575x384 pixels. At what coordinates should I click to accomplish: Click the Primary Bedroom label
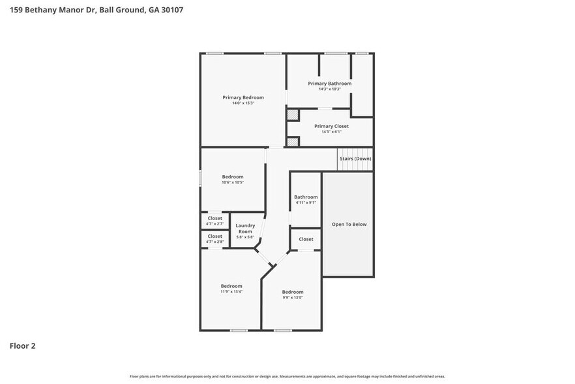pos(243,97)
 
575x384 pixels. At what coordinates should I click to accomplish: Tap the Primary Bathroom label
pos(330,84)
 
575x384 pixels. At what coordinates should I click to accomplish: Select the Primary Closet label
pos(331,126)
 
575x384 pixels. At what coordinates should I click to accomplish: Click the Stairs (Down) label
pos(355,159)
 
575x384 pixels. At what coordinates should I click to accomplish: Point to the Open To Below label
pos(349,224)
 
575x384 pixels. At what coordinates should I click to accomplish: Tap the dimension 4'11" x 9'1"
pos(306,202)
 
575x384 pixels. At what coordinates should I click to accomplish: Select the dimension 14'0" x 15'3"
pos(243,103)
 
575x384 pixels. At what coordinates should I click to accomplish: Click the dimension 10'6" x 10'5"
pos(233,182)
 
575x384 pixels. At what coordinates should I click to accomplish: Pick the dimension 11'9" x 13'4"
pos(231,292)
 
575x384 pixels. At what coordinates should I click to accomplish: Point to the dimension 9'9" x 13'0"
pos(293,298)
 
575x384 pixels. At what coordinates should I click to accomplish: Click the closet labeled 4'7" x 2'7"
pos(215,223)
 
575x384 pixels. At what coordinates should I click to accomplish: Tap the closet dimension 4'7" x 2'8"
pos(215,242)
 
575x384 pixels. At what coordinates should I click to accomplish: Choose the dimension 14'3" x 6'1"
pos(331,132)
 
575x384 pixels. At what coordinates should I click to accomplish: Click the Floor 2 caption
pos(22,345)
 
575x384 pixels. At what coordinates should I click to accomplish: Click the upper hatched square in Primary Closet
pos(293,114)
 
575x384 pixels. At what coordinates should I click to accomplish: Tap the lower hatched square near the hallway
pos(293,142)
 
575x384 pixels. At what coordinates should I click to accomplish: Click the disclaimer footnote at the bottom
pos(287,377)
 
